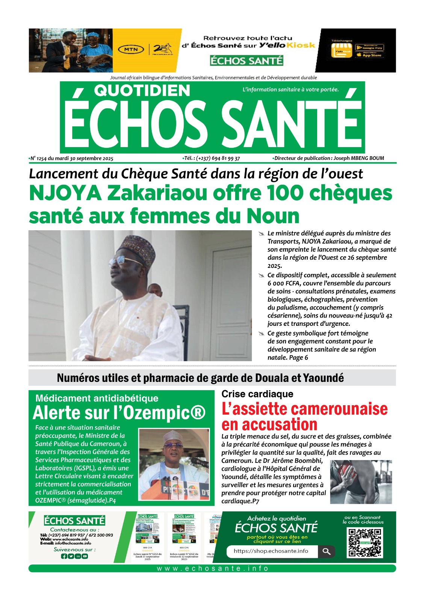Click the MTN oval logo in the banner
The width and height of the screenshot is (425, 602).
pyautogui.click(x=131, y=49)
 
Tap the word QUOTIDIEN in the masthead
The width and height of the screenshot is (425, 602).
pyautogui.click(x=142, y=91)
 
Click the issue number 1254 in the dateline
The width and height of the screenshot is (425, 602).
pyautogui.click(x=41, y=158)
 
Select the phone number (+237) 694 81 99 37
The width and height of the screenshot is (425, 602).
pyautogui.click(x=218, y=158)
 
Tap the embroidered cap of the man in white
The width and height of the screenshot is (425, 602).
pyautogui.click(x=137, y=248)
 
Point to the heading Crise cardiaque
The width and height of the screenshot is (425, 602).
pyautogui.click(x=257, y=394)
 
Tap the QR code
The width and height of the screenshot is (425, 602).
pyautogui.click(x=365, y=543)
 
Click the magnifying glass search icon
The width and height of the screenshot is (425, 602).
pyautogui.click(x=327, y=551)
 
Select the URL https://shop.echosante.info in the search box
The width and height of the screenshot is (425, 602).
pyautogui.click(x=271, y=551)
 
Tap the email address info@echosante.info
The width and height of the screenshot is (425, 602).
pyautogui.click(x=73, y=543)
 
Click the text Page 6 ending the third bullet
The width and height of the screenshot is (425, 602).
pyautogui.click(x=298, y=358)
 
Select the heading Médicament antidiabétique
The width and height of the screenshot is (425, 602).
pyautogui.click(x=97, y=398)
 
